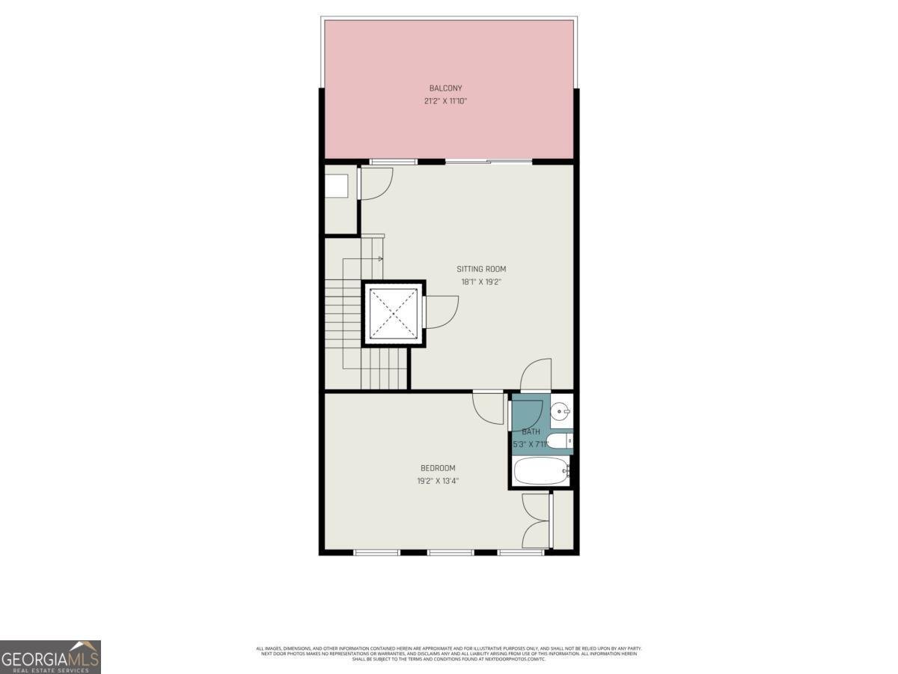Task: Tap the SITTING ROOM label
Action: [481, 269]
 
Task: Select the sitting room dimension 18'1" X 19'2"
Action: [481, 282]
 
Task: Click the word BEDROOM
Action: [438, 468]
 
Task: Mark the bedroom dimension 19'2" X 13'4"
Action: [438, 482]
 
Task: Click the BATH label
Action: [531, 431]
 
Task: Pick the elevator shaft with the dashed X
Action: [394, 313]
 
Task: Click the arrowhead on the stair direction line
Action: [381, 259]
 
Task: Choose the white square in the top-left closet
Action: [337, 186]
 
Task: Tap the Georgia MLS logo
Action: [50, 657]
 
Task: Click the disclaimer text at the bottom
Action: [449, 654]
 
